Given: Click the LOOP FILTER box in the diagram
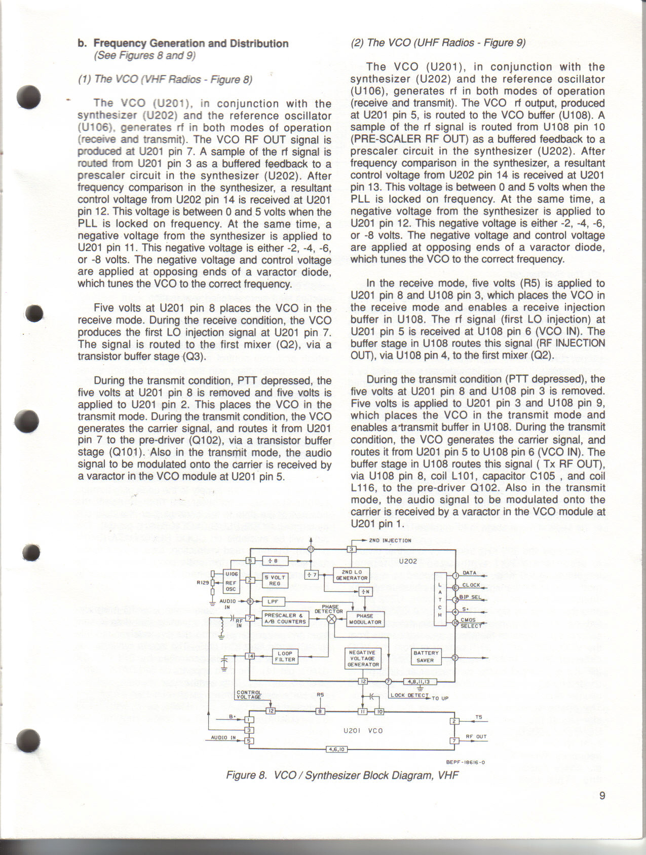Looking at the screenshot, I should coord(285,656).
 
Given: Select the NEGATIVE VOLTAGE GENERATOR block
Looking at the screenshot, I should coord(363,658).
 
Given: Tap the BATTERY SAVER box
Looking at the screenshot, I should coord(426,657).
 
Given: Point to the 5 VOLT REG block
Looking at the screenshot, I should coord(275,580).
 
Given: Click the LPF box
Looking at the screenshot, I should coord(273,601).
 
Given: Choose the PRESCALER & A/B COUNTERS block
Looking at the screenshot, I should coord(285,619).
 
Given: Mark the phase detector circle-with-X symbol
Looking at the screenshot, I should coord(332,619).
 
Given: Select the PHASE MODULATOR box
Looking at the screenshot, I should coord(365,619).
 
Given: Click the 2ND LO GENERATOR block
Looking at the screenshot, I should coord(352,575).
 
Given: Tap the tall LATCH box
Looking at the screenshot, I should coord(440,598).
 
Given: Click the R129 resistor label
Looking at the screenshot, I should coord(203,583).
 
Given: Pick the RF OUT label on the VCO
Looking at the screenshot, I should coord(476,736).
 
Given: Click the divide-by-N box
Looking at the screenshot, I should coord(365,591).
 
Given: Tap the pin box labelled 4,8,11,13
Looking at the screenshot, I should coord(419,682).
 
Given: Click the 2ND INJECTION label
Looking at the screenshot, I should coord(390,541).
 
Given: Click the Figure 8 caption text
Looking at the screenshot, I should coord(342,775).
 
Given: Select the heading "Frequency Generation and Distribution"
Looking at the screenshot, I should coord(191,44).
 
